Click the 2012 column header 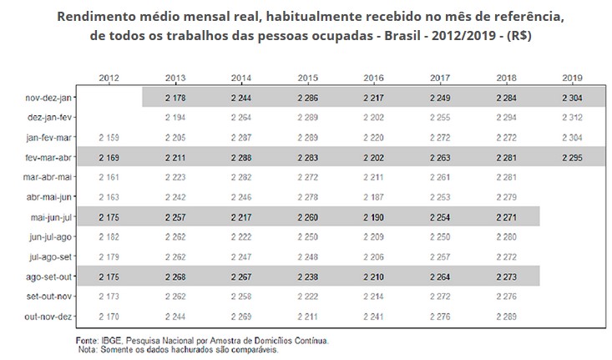click(x=109, y=78)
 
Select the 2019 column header click(x=572, y=78)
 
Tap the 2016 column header click(x=375, y=78)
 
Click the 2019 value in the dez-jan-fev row click(x=572, y=117)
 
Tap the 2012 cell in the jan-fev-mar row click(x=109, y=137)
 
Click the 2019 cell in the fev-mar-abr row click(x=572, y=157)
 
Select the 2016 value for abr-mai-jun click(x=375, y=197)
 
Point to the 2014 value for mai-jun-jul click(x=242, y=217)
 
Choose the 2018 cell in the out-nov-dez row click(x=507, y=317)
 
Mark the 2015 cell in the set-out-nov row click(x=308, y=297)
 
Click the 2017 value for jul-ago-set click(x=440, y=256)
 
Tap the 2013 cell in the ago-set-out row click(x=175, y=276)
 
